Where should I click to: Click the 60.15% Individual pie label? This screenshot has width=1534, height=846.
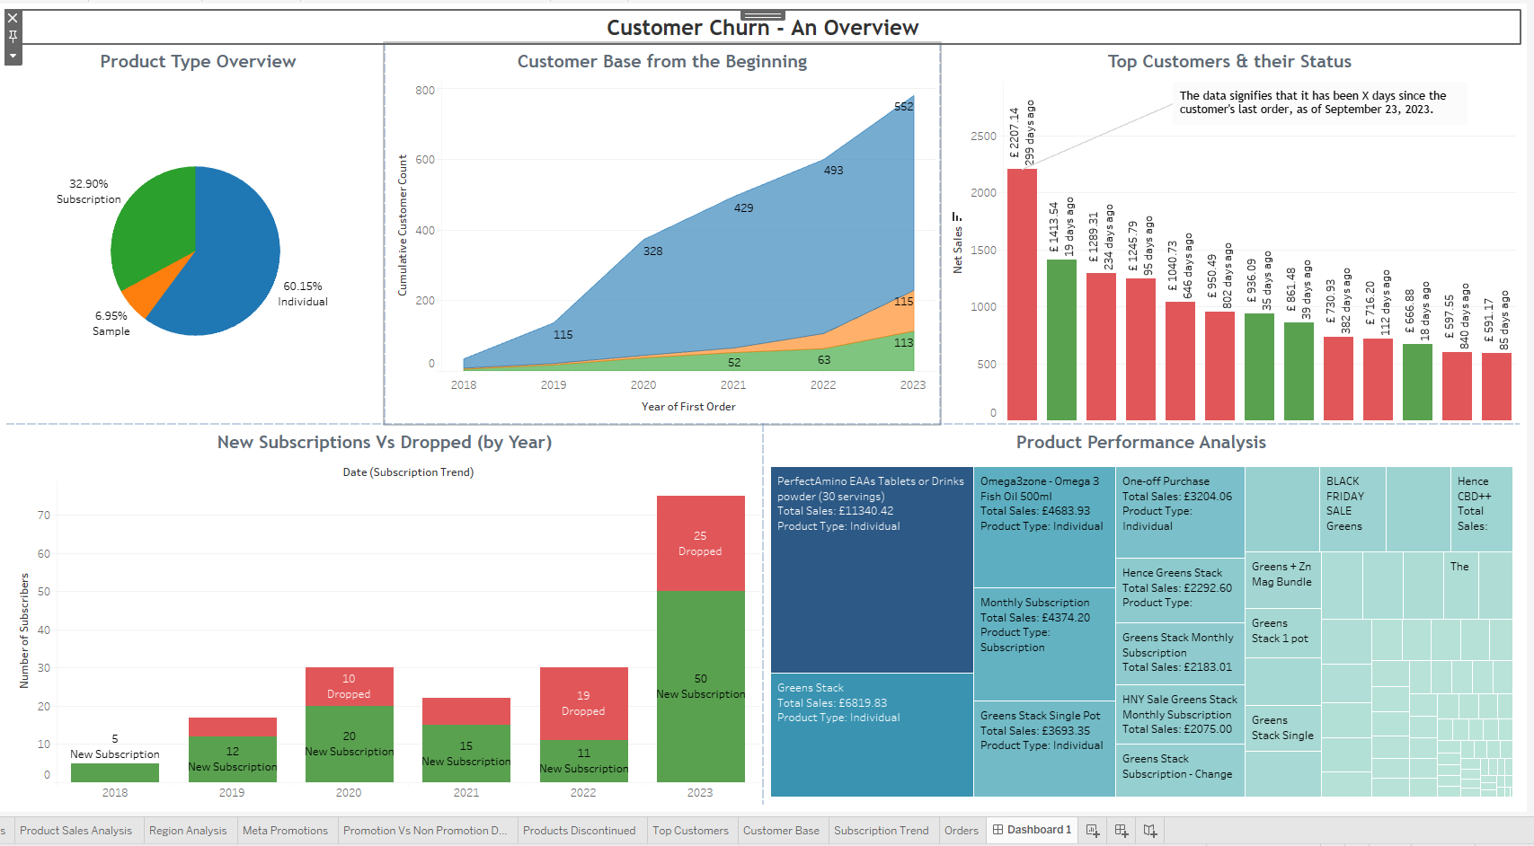click(x=303, y=294)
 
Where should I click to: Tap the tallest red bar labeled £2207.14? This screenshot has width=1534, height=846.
click(x=1022, y=296)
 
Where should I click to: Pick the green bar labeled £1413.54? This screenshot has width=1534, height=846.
click(x=1061, y=341)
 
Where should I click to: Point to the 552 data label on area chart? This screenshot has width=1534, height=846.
click(x=903, y=107)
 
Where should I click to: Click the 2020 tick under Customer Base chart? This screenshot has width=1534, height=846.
click(x=643, y=385)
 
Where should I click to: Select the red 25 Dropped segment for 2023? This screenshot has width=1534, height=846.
click(x=700, y=543)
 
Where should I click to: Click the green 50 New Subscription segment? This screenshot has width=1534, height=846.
click(x=700, y=686)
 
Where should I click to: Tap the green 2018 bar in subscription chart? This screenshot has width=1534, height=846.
click(x=115, y=772)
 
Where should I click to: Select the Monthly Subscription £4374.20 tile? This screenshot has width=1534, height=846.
click(x=1043, y=642)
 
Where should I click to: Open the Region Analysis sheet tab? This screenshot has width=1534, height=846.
click(x=188, y=831)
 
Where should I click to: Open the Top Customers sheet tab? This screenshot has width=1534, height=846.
click(x=690, y=831)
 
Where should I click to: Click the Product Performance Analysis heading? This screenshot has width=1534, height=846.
click(x=1140, y=442)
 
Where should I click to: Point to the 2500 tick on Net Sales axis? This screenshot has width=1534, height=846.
click(x=983, y=137)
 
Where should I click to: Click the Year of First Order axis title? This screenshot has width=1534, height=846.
click(x=688, y=407)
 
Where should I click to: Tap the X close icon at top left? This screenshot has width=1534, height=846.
click(x=13, y=18)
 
